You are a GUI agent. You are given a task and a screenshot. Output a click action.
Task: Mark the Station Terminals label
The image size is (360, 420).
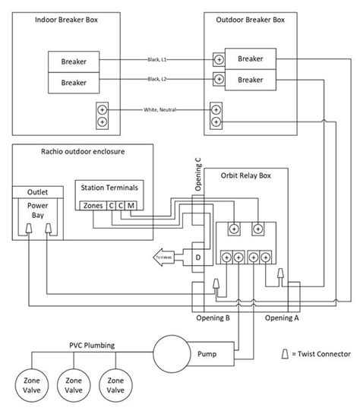(111, 187)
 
